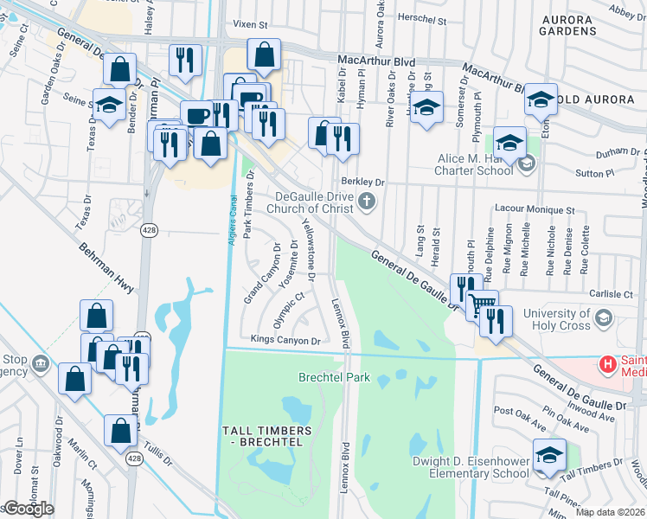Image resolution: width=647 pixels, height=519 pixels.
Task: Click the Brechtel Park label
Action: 334,377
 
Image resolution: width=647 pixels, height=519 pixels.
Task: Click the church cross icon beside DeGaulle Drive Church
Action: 367,202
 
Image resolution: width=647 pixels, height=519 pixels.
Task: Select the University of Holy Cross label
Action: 568,318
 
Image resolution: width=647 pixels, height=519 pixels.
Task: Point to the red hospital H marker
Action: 608,364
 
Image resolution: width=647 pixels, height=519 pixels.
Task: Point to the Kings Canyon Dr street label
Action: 285,340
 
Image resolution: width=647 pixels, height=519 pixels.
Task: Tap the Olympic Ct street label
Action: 290,310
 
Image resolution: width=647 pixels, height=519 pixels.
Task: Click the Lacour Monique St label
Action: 534,209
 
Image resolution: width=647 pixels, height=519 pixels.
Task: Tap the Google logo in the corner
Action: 28,509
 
